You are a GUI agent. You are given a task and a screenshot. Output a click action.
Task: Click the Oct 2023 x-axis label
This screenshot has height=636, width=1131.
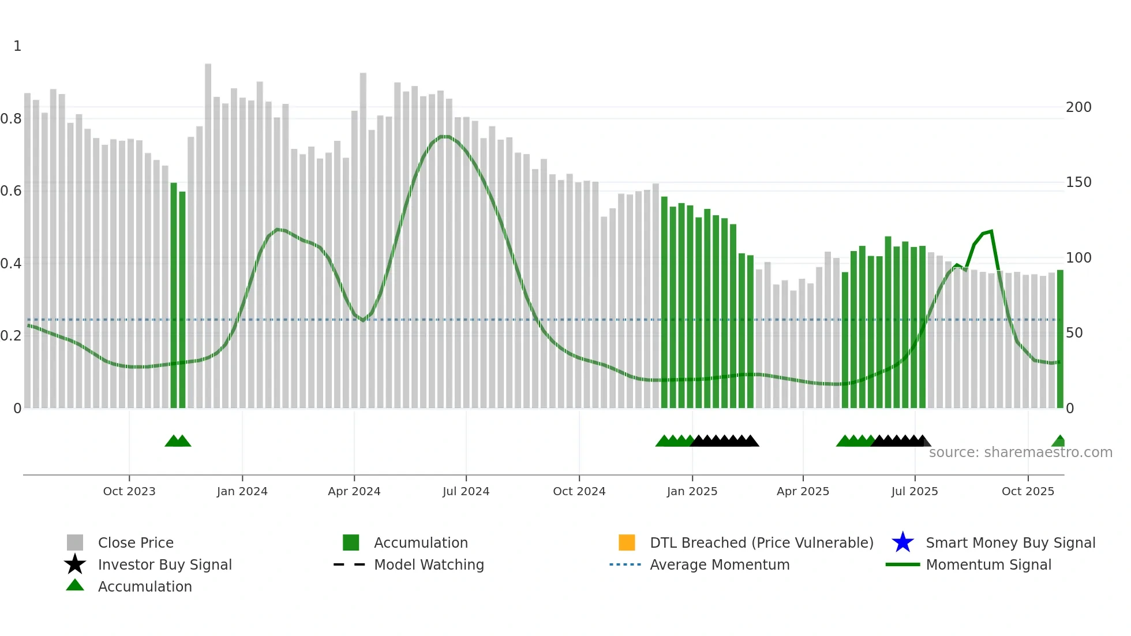click(x=129, y=491)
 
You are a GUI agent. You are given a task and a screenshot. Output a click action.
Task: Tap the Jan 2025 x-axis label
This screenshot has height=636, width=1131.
click(x=692, y=491)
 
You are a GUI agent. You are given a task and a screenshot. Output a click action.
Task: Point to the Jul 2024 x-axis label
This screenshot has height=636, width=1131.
click(x=466, y=491)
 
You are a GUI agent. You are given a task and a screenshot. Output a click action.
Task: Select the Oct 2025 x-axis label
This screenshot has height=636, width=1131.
click(x=1028, y=491)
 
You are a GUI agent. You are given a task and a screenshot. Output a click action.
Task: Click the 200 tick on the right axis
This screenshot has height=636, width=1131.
click(x=1078, y=107)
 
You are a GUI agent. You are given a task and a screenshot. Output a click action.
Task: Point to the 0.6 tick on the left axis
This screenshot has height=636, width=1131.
click(x=11, y=191)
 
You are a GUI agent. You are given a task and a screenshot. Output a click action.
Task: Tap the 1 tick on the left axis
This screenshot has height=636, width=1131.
click(x=17, y=46)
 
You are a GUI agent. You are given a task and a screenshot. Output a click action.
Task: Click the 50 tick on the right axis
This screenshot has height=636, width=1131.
click(x=1074, y=333)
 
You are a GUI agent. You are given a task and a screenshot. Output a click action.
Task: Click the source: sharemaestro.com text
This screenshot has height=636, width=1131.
click(x=1020, y=452)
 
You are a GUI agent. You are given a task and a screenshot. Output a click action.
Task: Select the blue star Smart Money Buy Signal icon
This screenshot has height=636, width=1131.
click(x=902, y=543)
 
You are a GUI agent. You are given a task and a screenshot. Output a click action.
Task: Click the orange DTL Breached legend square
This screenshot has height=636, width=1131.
click(x=627, y=543)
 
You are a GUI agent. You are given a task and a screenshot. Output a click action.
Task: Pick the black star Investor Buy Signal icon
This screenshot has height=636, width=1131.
click(x=75, y=564)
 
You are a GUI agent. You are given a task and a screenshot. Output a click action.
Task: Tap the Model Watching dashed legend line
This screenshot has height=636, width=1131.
click(x=349, y=564)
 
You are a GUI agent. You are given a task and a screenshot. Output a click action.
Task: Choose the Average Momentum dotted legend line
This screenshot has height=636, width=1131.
click(x=625, y=564)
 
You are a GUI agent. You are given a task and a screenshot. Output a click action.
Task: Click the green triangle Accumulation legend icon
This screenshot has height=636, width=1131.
click(x=75, y=586)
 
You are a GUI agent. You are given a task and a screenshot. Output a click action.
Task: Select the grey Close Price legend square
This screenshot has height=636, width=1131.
click(x=75, y=543)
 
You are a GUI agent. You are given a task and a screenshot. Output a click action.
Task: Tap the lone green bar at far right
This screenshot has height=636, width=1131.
click(x=1060, y=341)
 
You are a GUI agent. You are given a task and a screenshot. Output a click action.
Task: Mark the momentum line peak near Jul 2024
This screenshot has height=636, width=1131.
click(x=444, y=137)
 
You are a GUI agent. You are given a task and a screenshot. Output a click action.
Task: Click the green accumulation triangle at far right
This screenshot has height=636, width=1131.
click(x=1059, y=442)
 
